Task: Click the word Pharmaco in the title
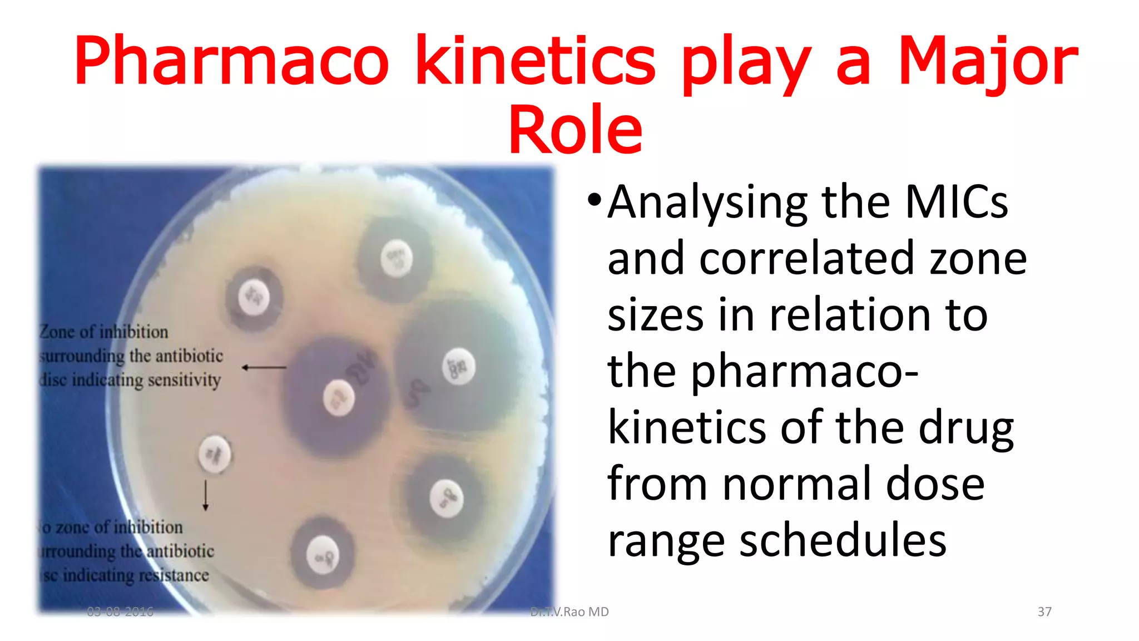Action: click(x=231, y=61)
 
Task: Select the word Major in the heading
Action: click(x=988, y=61)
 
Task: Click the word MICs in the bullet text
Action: click(x=956, y=202)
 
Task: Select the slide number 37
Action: click(x=1044, y=612)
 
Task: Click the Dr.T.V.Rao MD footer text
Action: click(x=569, y=612)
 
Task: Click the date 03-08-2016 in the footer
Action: click(x=120, y=612)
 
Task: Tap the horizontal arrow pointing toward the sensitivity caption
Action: click(x=264, y=367)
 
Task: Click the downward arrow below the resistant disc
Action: click(x=205, y=495)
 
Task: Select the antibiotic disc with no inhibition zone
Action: click(x=215, y=454)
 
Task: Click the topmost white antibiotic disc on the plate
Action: click(x=397, y=258)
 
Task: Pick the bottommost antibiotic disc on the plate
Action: click(x=323, y=556)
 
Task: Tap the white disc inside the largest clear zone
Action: click(x=458, y=367)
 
